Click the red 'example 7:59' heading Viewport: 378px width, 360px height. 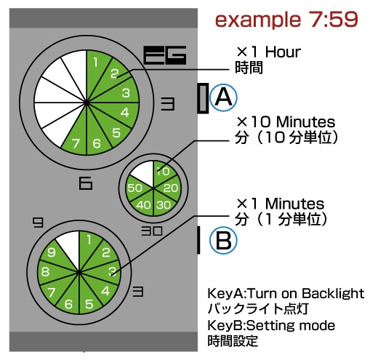coord(286,20)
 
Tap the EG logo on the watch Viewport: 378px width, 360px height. coord(165,55)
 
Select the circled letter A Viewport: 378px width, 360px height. coord(223,97)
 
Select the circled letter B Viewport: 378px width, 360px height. coord(223,240)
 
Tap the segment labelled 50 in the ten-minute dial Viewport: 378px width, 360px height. coord(136,188)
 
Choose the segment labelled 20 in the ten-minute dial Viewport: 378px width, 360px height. coord(169,188)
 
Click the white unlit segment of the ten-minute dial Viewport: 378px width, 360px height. coord(144,172)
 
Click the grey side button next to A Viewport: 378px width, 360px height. coord(203,98)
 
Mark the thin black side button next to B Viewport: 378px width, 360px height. coord(198,240)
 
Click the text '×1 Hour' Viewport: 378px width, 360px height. coord(268,52)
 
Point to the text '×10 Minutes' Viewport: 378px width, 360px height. coord(286,121)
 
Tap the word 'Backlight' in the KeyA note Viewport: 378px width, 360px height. coord(333,294)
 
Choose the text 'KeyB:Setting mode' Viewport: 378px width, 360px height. coord(271,326)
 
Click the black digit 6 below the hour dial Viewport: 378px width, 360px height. coord(86,183)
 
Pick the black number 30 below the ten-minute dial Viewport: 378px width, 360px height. coord(152,231)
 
